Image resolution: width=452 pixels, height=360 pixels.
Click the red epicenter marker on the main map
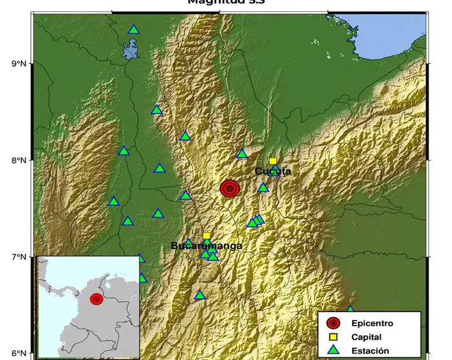[230, 188]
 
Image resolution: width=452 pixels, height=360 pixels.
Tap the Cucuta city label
[273, 171]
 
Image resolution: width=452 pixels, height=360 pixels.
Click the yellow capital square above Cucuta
[273, 161]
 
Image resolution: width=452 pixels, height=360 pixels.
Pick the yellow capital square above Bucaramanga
[207, 236]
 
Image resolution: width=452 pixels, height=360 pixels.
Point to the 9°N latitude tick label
[18, 64]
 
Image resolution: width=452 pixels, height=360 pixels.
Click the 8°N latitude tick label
[18, 161]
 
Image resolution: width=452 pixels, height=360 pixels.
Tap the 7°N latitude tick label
[18, 257]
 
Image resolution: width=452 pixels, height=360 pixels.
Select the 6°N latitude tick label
[18, 354]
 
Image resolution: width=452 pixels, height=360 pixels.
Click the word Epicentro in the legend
[372, 324]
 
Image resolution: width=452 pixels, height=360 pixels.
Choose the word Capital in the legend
[366, 337]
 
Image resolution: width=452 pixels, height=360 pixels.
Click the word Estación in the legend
[370, 350]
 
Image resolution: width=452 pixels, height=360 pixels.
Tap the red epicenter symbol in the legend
[333, 324]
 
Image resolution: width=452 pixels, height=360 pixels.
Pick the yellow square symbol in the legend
[333, 337]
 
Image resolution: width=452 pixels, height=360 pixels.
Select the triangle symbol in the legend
[333, 350]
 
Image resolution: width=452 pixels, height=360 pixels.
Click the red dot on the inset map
[97, 299]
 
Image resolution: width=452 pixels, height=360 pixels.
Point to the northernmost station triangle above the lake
[133, 29]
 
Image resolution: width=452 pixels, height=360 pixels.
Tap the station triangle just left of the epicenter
[186, 196]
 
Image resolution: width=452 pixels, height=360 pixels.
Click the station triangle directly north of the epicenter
[242, 154]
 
